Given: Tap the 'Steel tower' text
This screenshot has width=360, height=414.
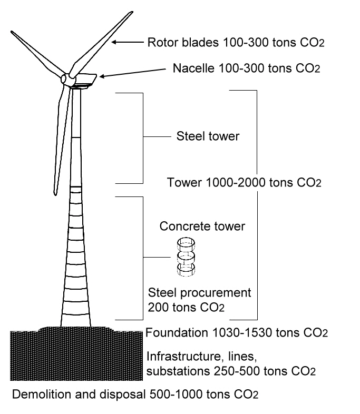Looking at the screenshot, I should click(x=208, y=137).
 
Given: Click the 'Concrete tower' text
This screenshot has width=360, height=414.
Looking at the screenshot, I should click(x=202, y=226).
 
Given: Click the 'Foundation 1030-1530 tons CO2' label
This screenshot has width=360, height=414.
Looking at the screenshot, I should click(x=237, y=333).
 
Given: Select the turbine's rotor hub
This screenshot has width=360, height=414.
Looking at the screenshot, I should click(x=67, y=78).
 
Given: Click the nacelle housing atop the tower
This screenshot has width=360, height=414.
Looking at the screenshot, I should click(x=84, y=80).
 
